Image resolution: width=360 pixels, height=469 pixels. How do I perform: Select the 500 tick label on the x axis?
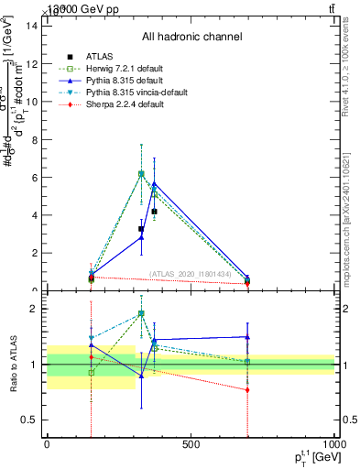coord(191,445)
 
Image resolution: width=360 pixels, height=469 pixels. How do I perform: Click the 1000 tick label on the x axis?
coord(333,445)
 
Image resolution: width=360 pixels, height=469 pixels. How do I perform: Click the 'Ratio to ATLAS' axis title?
coord(12,365)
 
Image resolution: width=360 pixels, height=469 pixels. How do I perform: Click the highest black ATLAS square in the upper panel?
coord(154,212)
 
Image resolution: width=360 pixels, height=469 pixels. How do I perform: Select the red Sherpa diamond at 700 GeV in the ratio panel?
coord(248,390)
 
